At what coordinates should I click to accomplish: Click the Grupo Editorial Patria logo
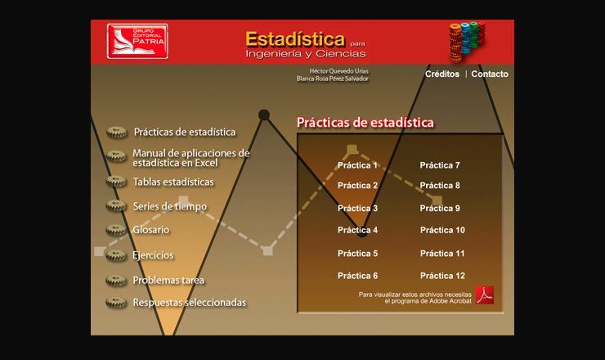click(x=137, y=42)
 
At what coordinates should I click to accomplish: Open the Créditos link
click(x=442, y=74)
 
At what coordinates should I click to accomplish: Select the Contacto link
click(x=490, y=74)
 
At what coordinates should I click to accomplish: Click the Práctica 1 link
click(x=357, y=165)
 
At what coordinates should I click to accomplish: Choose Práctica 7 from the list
click(x=440, y=165)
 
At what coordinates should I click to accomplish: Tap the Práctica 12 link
click(x=442, y=276)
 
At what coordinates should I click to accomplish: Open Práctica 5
click(x=357, y=254)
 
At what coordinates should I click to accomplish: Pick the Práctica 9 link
click(x=440, y=208)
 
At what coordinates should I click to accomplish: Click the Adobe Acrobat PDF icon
click(x=485, y=295)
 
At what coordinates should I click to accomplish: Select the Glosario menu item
click(x=151, y=230)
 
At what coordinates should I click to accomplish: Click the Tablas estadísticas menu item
click(x=173, y=182)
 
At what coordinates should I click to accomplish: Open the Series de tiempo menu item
click(x=170, y=207)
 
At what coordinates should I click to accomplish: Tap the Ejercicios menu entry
click(x=153, y=255)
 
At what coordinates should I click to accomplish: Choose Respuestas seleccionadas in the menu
click(x=190, y=303)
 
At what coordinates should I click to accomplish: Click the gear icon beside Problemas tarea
click(x=116, y=281)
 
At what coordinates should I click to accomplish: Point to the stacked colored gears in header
click(x=467, y=42)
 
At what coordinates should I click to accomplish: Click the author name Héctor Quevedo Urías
click(x=338, y=71)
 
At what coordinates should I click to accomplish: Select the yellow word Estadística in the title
click(x=295, y=39)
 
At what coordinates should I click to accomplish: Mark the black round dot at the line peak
click(x=264, y=115)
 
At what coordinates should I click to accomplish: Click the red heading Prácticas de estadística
click(x=365, y=123)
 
